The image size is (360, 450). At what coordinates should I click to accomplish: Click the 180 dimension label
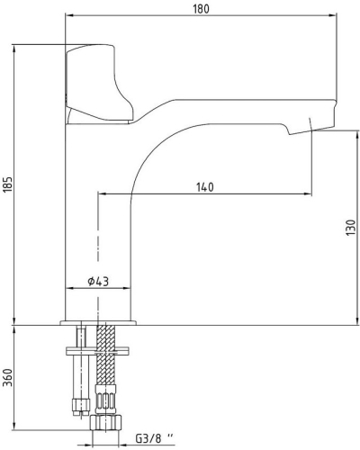click(x=201, y=9)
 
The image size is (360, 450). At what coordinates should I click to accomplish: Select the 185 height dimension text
click(x=9, y=184)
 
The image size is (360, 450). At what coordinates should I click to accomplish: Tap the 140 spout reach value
click(x=205, y=187)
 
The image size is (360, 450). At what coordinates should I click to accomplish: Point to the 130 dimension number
click(x=350, y=228)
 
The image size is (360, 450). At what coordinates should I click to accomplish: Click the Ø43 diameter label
click(x=98, y=282)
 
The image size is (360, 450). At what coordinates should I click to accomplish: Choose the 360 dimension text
click(x=9, y=377)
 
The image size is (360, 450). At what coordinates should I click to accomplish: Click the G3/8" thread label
click(x=155, y=439)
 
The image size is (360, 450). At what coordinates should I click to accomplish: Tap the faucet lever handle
click(x=97, y=84)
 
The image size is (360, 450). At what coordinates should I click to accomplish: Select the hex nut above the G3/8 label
click(x=106, y=423)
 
